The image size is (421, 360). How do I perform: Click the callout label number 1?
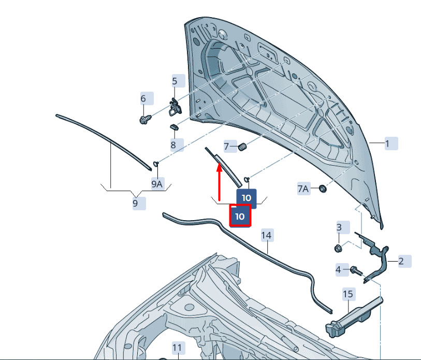coord(391,143)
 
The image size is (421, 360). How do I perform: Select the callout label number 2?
coord(404,261)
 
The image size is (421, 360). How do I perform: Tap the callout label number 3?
coord(343,227)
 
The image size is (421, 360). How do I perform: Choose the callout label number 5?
coord(179,81)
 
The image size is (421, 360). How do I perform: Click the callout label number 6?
coord(147,98)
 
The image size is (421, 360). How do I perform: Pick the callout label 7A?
coord(303,189)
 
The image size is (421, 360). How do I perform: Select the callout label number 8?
coord(177,145)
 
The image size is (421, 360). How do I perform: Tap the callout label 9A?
coord(157,184)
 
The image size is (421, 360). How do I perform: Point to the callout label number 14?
coord(267,235)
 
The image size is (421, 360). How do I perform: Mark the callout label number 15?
coord(349,294)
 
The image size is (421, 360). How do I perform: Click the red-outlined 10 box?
coord(240,216)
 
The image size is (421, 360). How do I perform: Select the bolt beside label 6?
coord(146,119)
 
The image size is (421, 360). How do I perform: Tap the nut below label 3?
coord(338,249)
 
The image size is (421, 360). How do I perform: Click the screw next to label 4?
coord(356,271)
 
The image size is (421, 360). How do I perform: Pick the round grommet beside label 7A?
coord(323,189)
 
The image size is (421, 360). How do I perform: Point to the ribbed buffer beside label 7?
coord(242,147)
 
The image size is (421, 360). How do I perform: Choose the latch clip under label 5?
coord(175,107)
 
